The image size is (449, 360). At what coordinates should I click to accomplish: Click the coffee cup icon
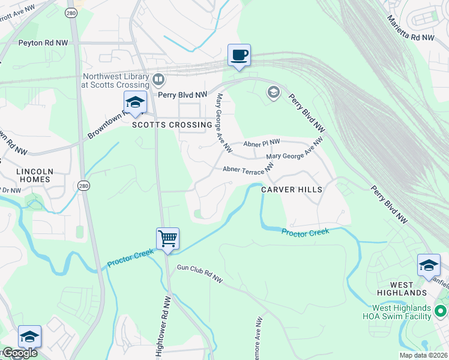tap(239, 56)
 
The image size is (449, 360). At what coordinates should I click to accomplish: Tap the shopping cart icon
tap(168, 238)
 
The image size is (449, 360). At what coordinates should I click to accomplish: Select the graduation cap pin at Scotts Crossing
tap(135, 103)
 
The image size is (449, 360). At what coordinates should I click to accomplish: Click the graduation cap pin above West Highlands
tap(429, 265)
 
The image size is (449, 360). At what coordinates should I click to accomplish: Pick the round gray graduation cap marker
tap(274, 92)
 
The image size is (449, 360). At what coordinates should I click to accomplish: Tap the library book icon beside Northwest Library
tap(158, 79)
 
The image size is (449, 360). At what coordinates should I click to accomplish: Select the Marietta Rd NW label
tap(411, 29)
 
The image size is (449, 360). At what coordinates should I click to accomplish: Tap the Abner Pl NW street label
tap(262, 143)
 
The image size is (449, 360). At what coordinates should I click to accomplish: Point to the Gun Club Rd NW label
tap(199, 274)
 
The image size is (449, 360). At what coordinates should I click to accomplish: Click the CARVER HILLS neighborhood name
tap(292, 189)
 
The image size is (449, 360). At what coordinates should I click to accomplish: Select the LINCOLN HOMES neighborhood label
tap(35, 175)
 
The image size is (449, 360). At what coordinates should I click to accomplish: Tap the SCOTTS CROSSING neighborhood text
tap(172, 125)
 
